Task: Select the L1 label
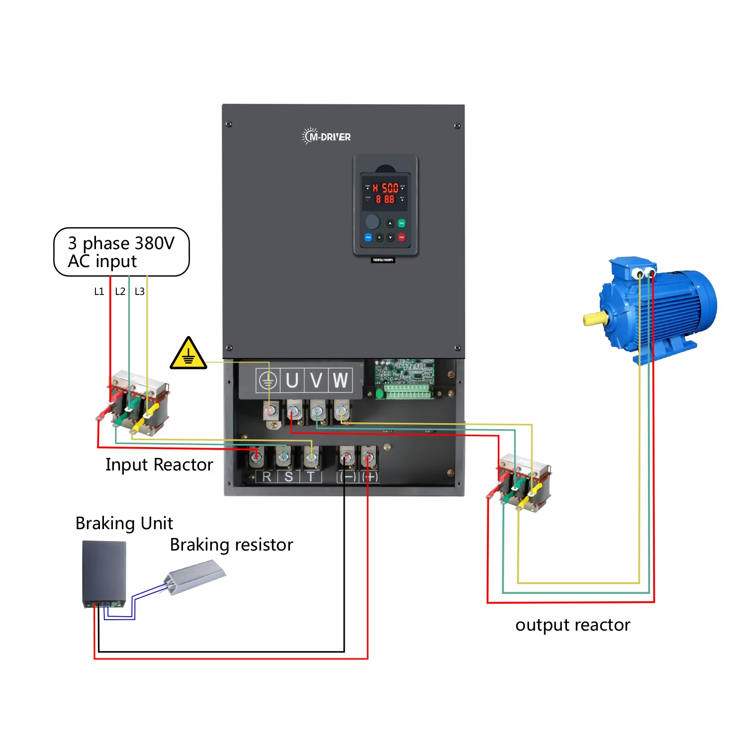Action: pyautogui.click(x=99, y=291)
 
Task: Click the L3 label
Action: pyautogui.click(x=140, y=291)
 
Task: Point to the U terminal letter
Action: pyautogui.click(x=292, y=380)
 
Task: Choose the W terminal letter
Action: pyautogui.click(x=340, y=380)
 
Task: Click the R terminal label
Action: pyautogui.click(x=267, y=477)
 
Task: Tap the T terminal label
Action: pyautogui.click(x=311, y=477)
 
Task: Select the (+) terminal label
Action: pyautogui.click(x=370, y=477)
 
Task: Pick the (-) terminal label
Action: pyautogui.click(x=347, y=477)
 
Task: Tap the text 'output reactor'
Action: pyautogui.click(x=572, y=625)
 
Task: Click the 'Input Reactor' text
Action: pyautogui.click(x=159, y=465)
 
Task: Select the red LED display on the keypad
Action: pyautogui.click(x=385, y=193)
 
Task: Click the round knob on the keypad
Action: pyautogui.click(x=373, y=221)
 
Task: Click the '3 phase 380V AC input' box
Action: pyautogui.click(x=121, y=252)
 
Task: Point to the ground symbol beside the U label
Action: pyautogui.click(x=268, y=381)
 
